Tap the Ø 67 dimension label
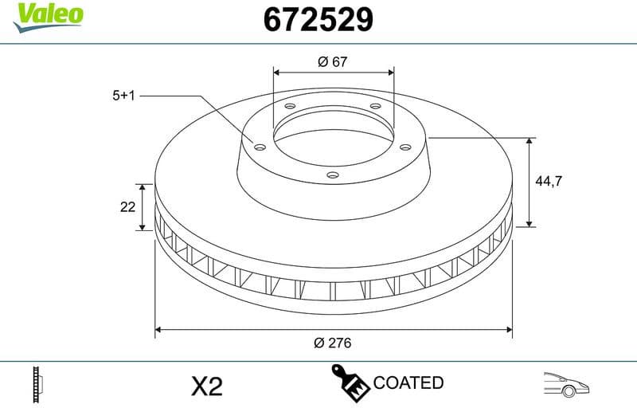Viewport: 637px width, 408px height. (332, 62)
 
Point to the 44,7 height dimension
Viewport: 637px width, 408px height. (549, 182)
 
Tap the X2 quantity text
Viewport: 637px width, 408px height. (207, 386)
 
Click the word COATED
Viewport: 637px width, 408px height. (408, 383)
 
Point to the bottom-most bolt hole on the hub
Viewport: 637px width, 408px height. (334, 175)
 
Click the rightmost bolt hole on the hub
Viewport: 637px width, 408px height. (404, 146)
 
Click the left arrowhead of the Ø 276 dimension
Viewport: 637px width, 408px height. (158, 328)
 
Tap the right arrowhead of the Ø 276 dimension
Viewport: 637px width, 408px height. (507, 328)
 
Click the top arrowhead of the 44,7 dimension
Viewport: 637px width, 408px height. (530, 141)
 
